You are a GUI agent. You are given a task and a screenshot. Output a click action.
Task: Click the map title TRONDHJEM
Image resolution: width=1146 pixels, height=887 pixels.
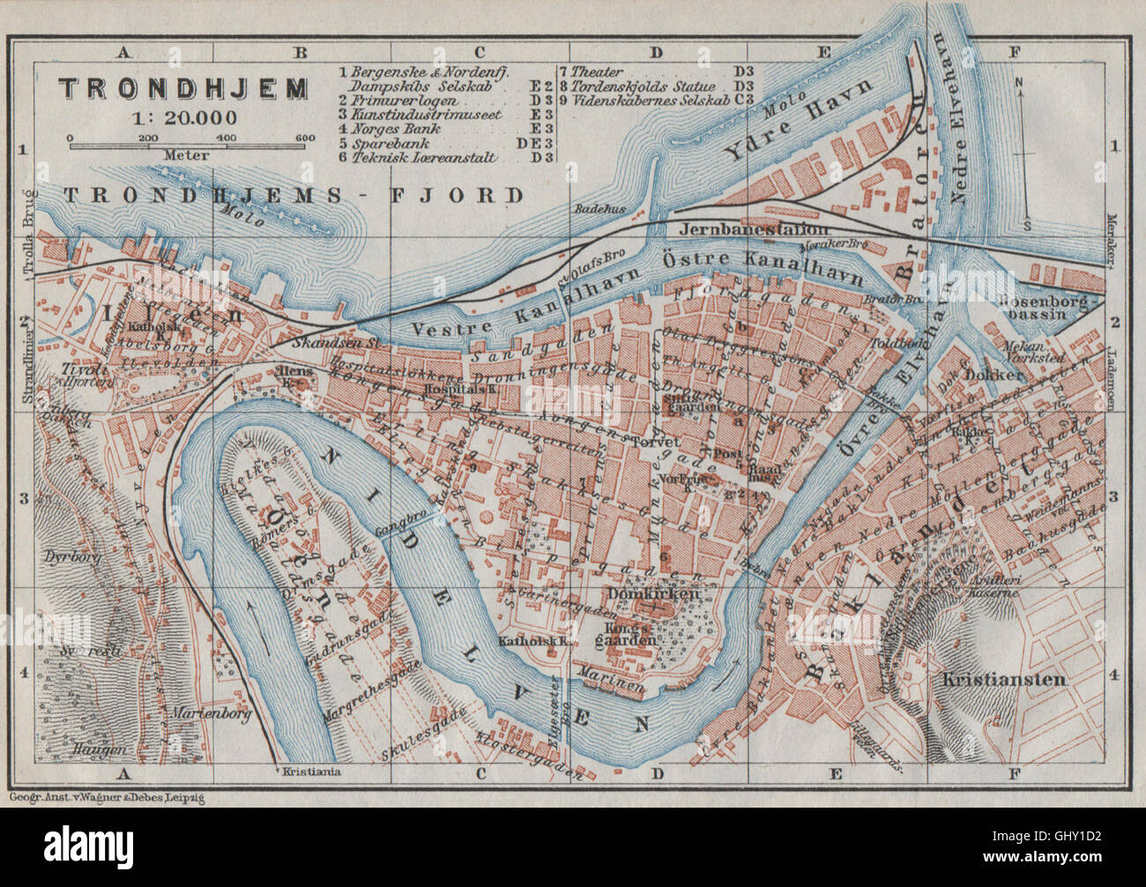point(183,88)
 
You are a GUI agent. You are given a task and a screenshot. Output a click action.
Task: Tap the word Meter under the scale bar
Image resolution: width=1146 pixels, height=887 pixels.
point(186,155)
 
